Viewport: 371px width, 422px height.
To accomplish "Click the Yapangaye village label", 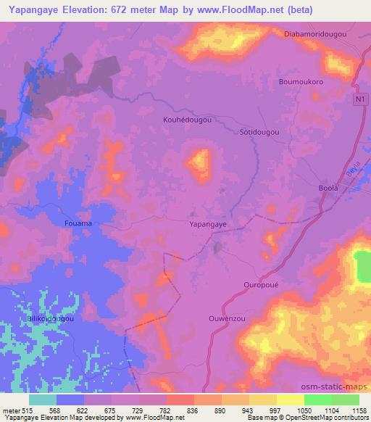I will click(x=208, y=225).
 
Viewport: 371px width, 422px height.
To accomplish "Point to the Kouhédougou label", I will click(x=187, y=120).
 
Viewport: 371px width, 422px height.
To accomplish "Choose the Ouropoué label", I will click(x=261, y=285).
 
